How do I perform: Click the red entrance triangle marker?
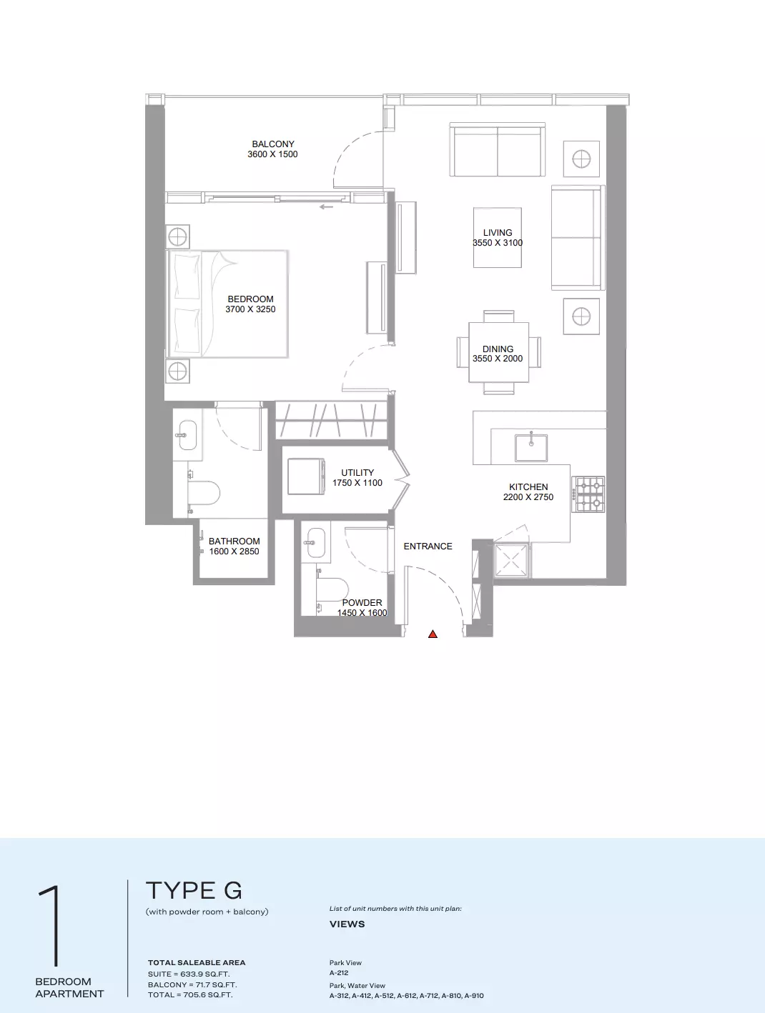pos(433,634)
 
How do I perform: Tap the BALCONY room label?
pos(273,144)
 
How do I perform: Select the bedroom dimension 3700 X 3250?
pos(250,309)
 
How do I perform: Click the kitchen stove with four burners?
pos(588,494)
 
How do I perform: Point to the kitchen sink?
pos(531,446)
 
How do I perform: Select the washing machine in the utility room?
pos(306,476)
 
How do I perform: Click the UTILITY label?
pos(357,473)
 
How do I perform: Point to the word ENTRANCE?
pos(428,547)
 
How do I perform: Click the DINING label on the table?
pos(498,349)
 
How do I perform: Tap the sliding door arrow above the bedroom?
pos(327,207)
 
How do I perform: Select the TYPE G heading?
pos(194,890)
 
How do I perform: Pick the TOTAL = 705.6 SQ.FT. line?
pos(190,994)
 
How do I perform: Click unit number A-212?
pos(339,972)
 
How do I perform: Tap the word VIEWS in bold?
pos(347,924)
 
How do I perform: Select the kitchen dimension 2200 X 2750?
pos(528,497)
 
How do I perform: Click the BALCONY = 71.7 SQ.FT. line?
pos(192,984)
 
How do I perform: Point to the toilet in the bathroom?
pos(204,493)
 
